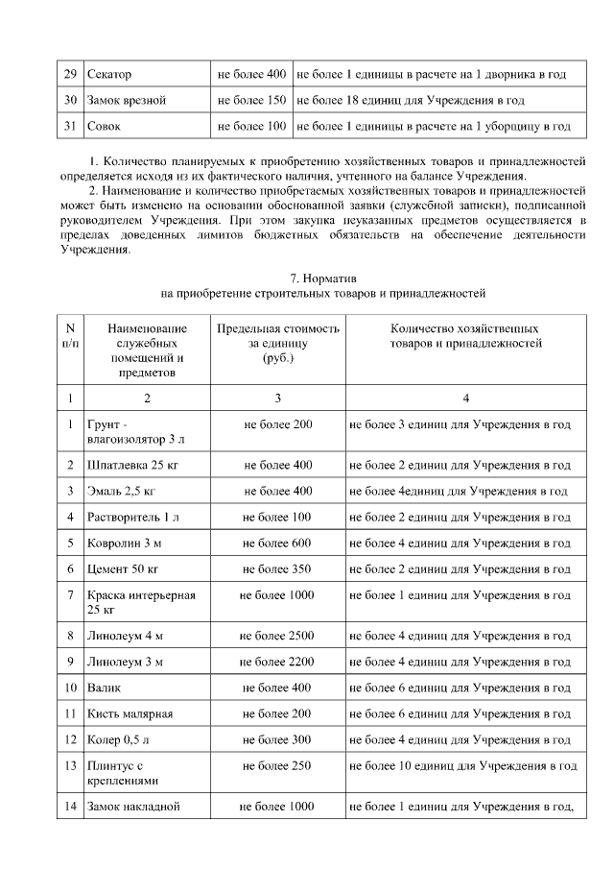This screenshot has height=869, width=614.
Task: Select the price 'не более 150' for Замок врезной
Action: point(251,100)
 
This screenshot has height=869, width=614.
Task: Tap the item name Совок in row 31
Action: point(105,126)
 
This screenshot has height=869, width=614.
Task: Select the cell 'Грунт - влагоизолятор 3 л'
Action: point(135,431)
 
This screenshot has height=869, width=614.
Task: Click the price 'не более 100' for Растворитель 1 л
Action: point(277,517)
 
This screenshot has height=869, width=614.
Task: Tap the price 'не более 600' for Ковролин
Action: point(277,543)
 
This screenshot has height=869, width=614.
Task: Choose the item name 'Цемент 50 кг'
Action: point(122,568)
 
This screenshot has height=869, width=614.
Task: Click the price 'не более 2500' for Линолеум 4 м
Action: point(277,636)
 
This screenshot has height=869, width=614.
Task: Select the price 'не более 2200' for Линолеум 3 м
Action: point(277,662)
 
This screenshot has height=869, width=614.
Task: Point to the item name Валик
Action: point(104,688)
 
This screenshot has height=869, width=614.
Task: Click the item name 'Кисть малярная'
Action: point(129,713)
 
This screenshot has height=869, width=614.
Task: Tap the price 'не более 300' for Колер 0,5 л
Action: point(277,739)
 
